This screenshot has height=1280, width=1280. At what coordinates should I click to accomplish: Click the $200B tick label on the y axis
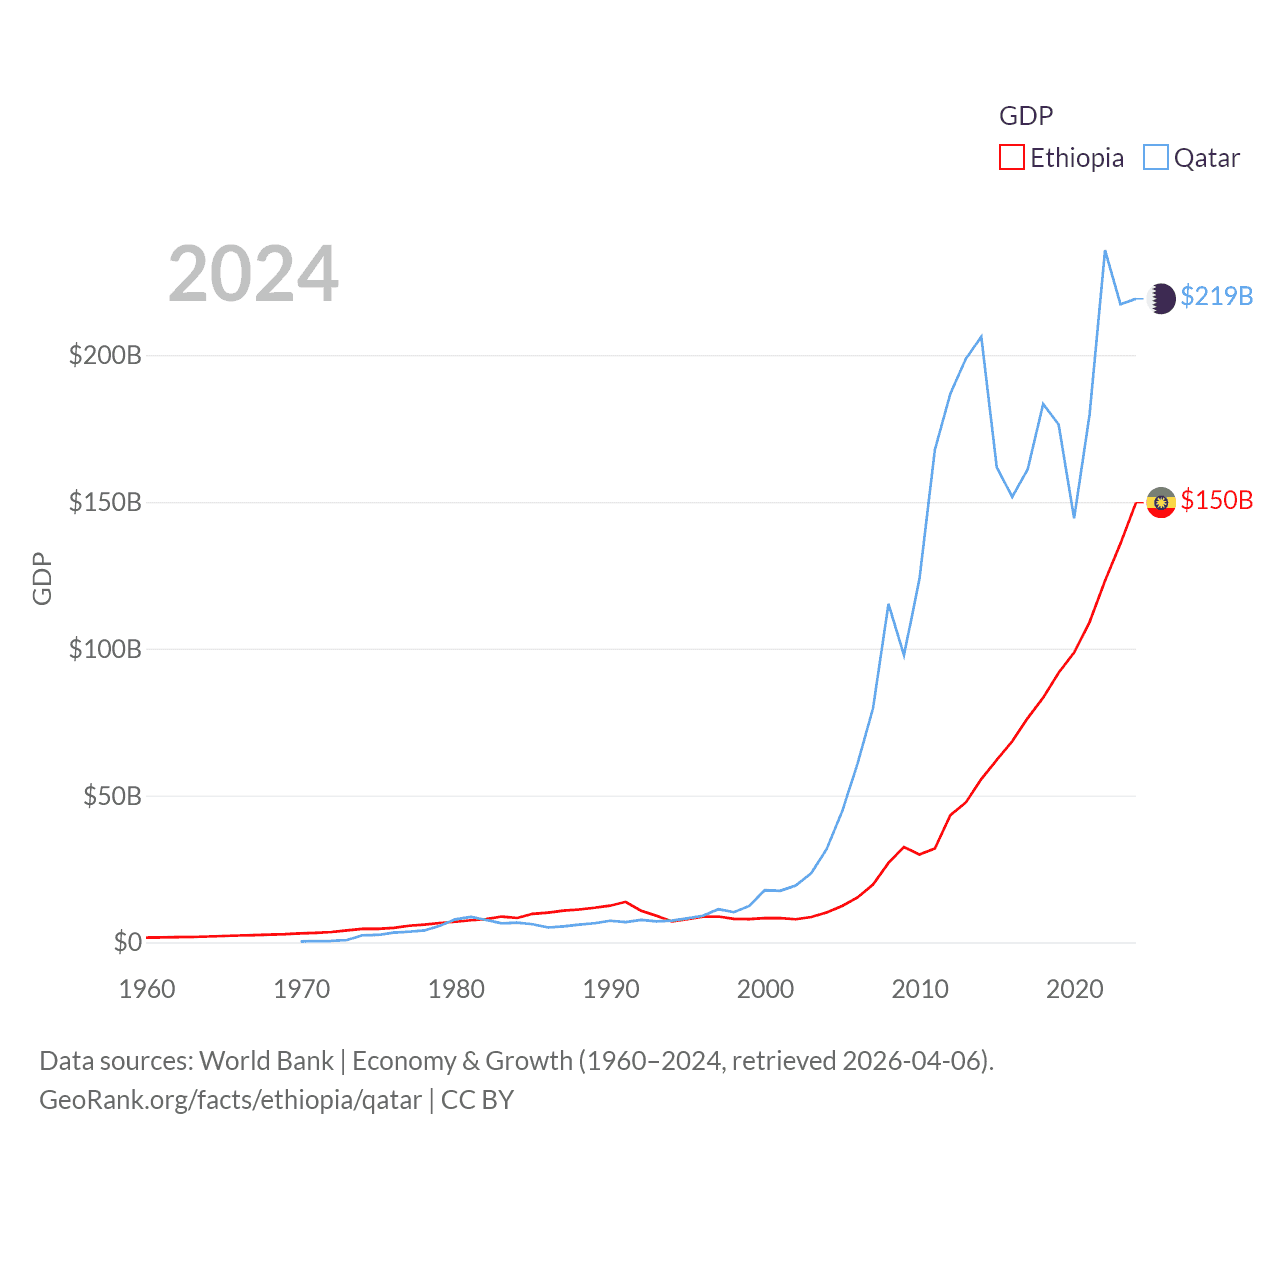(x=105, y=355)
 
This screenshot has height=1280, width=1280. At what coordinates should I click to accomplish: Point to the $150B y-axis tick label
(x=105, y=502)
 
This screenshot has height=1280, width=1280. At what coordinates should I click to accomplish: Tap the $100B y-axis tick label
(x=105, y=649)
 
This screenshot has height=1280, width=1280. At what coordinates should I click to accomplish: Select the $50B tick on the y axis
(x=111, y=796)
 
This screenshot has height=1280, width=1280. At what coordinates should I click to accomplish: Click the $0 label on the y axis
(x=127, y=942)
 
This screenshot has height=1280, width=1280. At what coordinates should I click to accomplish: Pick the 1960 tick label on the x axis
(x=147, y=989)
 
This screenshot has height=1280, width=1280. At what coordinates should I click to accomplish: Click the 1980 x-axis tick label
(x=456, y=989)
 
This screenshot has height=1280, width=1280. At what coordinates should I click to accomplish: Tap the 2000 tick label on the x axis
(x=765, y=989)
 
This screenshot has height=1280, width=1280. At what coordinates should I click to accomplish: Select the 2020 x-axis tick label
(x=1074, y=989)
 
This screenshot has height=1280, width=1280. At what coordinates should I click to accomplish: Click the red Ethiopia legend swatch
(x=1012, y=158)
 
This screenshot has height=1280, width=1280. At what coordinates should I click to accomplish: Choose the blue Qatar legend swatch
(x=1156, y=158)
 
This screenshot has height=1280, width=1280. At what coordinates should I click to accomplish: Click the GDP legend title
(x=1026, y=116)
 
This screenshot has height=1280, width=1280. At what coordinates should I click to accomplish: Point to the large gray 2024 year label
(x=253, y=274)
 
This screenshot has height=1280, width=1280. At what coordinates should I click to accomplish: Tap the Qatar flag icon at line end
(x=1161, y=298)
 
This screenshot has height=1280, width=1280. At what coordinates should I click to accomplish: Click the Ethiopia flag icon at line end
(x=1161, y=502)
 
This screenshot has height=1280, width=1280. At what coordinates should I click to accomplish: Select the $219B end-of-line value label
(x=1216, y=297)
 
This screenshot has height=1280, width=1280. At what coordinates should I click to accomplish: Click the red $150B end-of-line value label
(x=1216, y=500)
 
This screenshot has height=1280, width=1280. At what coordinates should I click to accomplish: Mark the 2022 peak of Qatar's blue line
(x=1105, y=251)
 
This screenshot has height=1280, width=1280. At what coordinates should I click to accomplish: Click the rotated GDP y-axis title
(x=42, y=578)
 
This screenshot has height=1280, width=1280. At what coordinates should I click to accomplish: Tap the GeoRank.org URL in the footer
(x=230, y=1100)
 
